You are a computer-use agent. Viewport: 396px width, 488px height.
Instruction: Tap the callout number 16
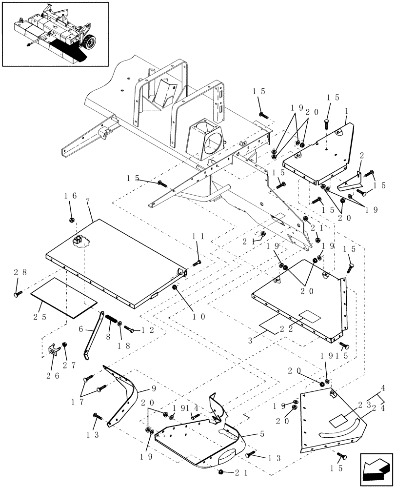pyautogui.click(x=71, y=196)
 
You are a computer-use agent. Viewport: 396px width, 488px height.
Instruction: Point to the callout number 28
pyautogui.click(x=18, y=273)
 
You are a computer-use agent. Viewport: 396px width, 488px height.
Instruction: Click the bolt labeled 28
pyautogui.click(x=18, y=294)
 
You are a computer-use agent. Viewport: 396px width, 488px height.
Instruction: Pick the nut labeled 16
pyautogui.click(x=71, y=219)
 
